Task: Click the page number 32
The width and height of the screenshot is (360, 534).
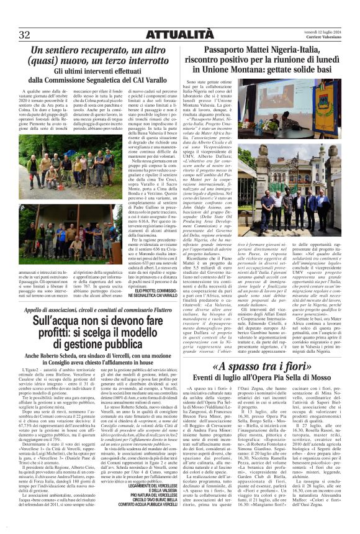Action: tap(25, 33)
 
